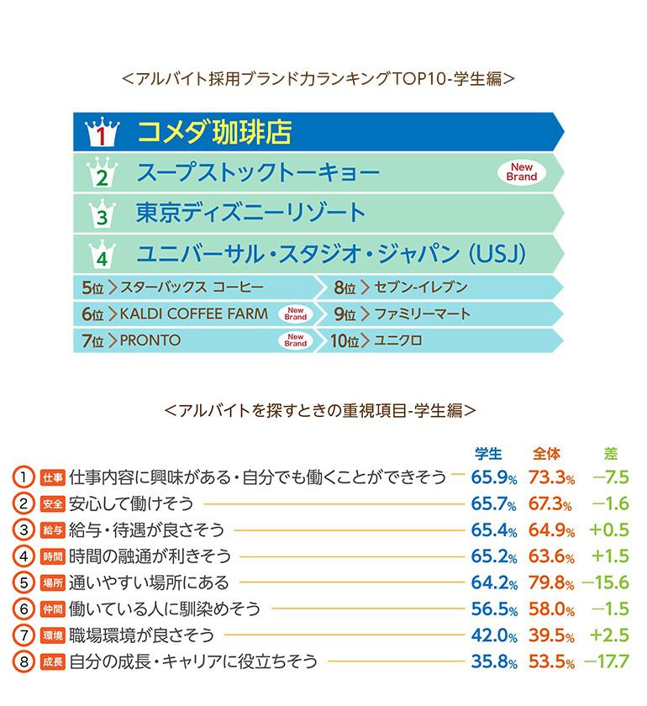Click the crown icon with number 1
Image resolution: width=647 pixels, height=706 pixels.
coord(99,133)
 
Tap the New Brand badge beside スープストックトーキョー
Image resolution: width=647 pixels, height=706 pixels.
coord(522,172)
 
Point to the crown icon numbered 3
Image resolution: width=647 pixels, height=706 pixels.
coord(99,213)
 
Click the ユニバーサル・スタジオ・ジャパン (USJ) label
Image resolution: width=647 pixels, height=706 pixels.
coord(331,253)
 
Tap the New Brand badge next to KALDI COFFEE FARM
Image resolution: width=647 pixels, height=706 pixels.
coord(295,314)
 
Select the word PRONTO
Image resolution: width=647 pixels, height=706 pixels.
coord(150,340)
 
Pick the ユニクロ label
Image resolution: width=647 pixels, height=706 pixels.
coord(397,341)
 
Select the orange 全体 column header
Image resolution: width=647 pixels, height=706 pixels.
coord(547,454)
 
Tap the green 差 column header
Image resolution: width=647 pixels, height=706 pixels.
coord(611,454)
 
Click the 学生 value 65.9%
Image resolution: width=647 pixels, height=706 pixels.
coord(493,478)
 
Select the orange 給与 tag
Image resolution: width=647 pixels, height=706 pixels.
coord(53,531)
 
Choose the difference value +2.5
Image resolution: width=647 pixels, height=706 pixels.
coord(610,635)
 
